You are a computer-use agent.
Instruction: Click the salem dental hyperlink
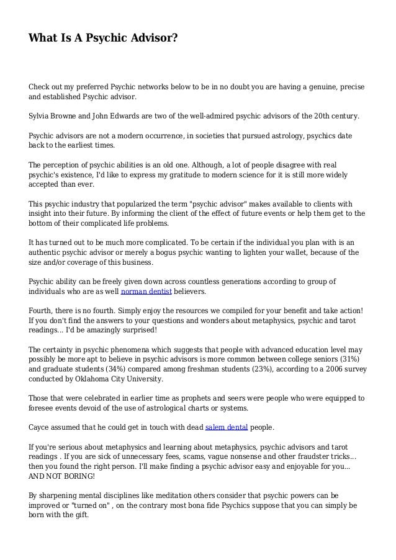[x=227, y=427]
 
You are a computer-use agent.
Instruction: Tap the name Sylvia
[x=40, y=116]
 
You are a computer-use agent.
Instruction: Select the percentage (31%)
[x=349, y=358]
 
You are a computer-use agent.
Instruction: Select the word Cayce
[x=40, y=427]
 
